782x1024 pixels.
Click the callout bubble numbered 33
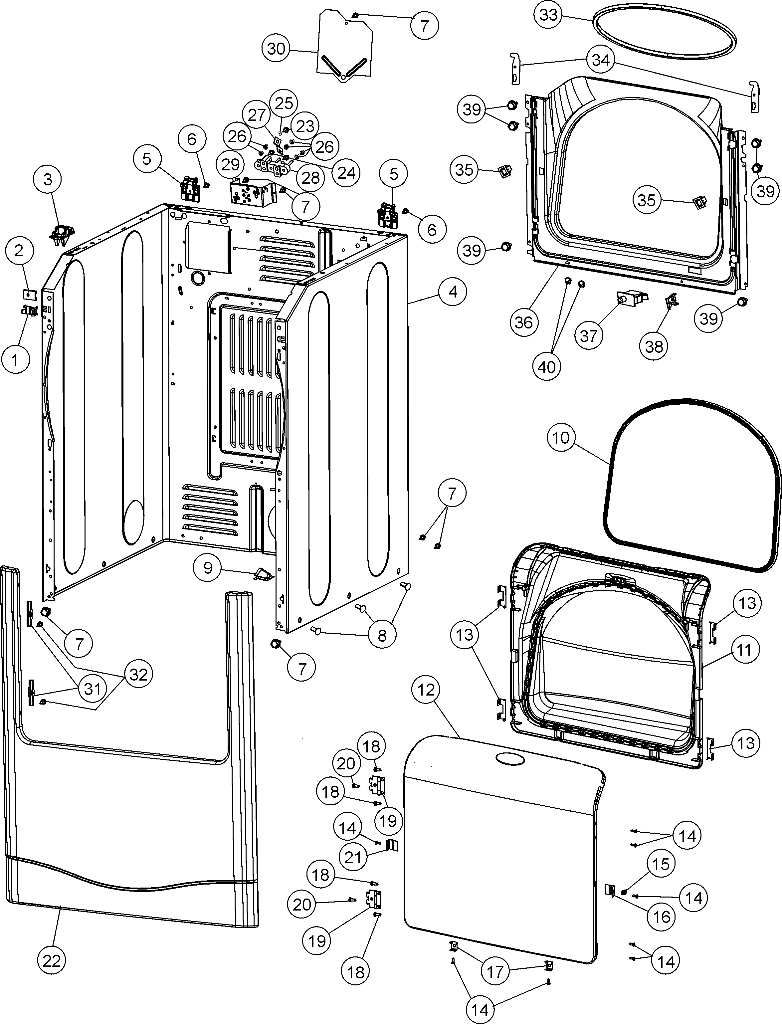[x=548, y=15]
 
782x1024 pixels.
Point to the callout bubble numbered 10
[x=561, y=438]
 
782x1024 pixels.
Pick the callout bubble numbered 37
[x=588, y=335]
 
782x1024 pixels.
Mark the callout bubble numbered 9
[x=208, y=567]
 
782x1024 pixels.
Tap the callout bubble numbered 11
[x=744, y=649]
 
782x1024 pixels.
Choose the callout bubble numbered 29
[x=230, y=164]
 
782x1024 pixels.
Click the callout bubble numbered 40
[x=547, y=367]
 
